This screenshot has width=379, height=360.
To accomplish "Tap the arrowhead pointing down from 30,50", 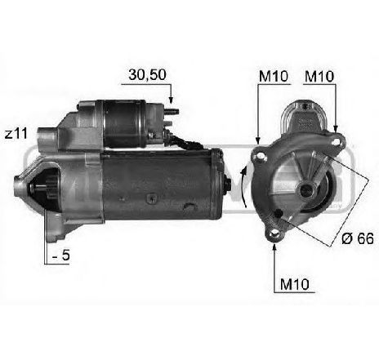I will point(172,104).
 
